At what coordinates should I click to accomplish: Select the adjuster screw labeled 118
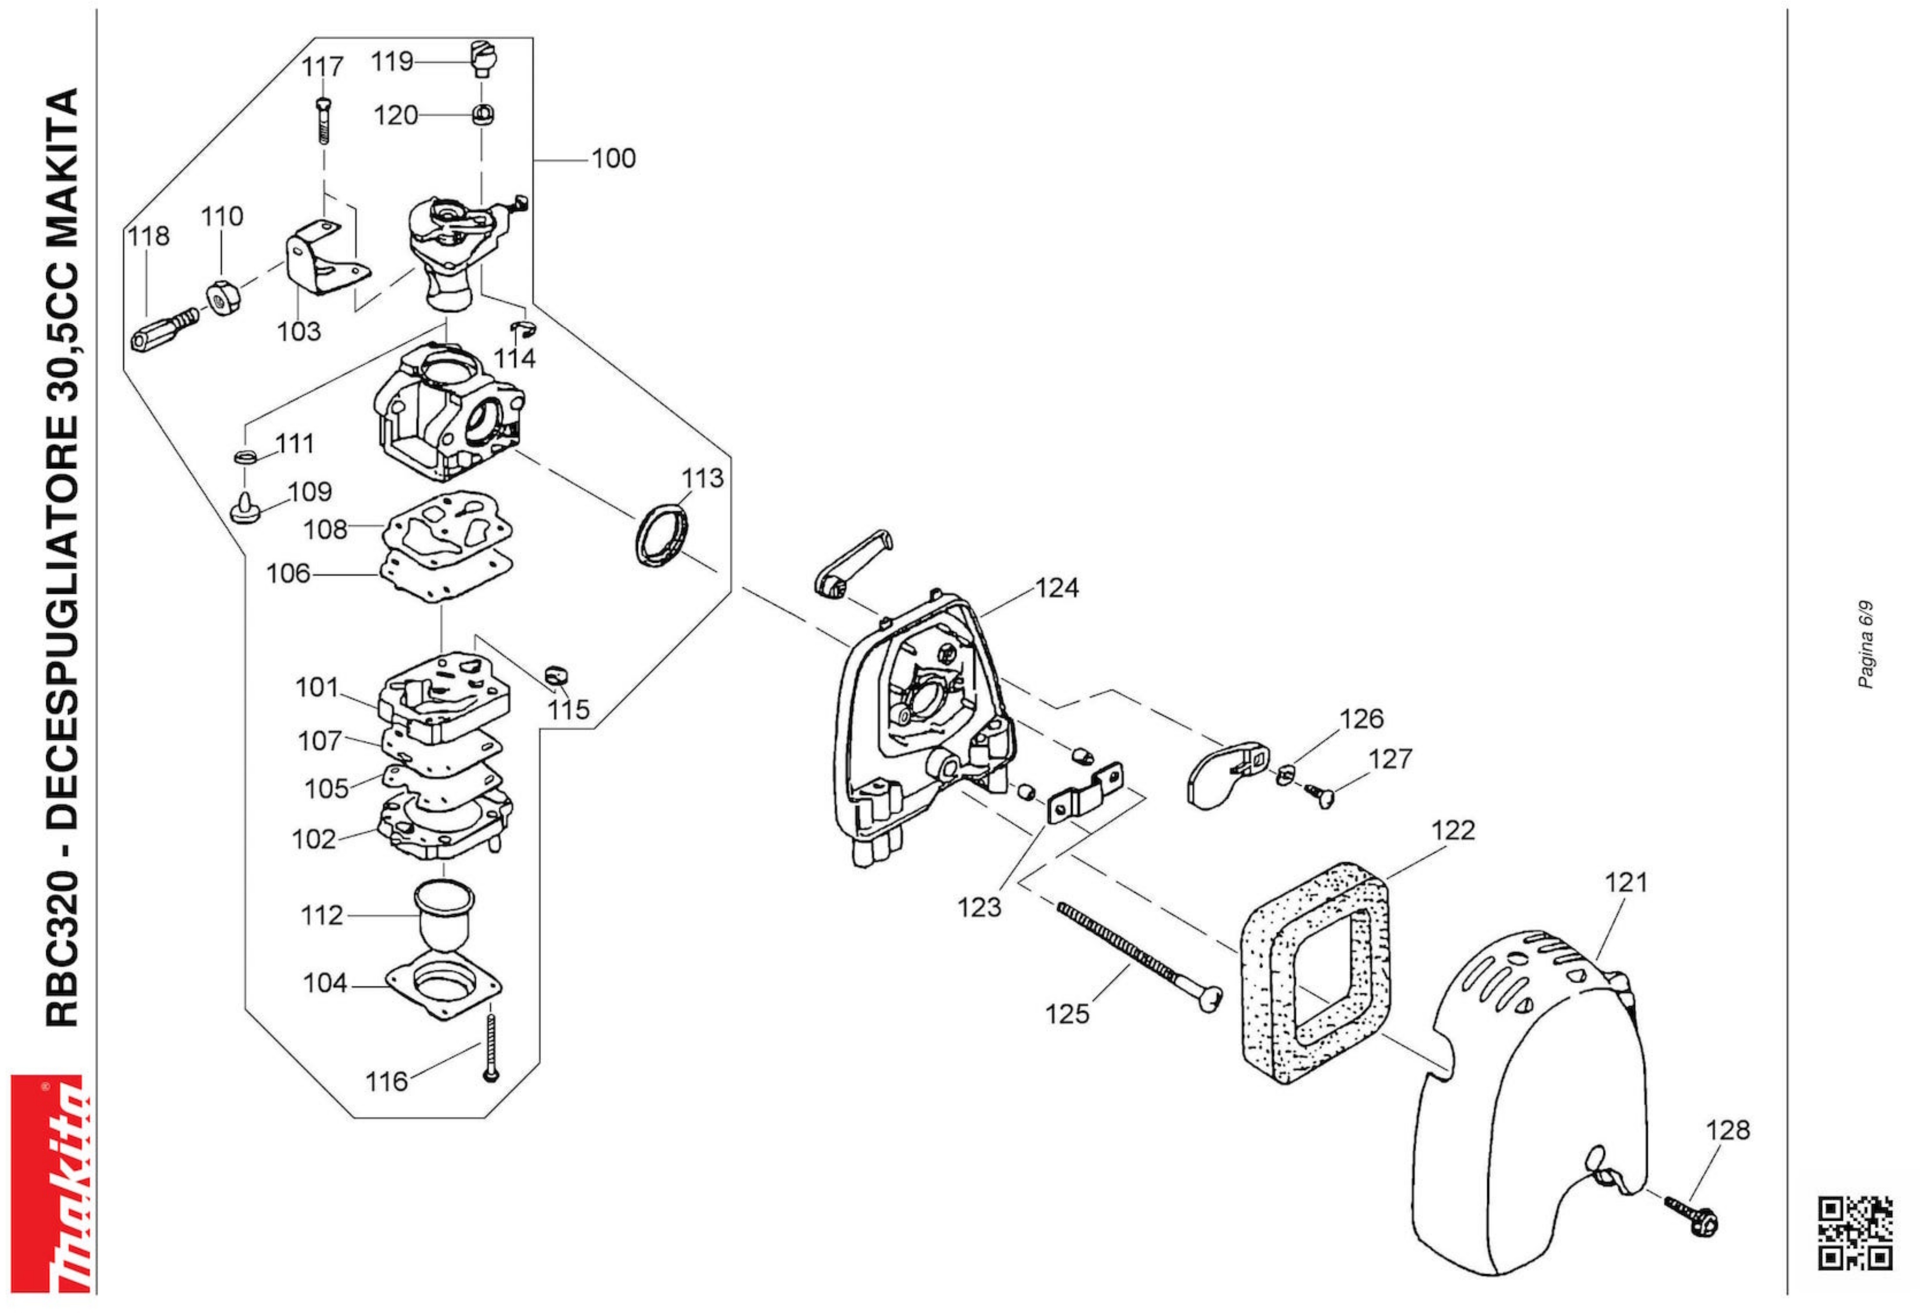[165, 330]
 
